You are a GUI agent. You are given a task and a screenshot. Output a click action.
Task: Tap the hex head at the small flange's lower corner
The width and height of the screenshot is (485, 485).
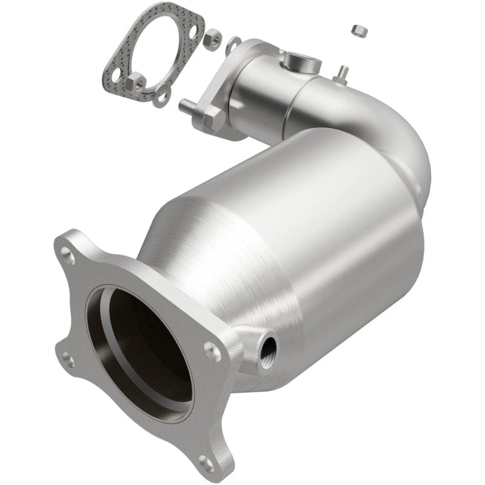pos(214,120)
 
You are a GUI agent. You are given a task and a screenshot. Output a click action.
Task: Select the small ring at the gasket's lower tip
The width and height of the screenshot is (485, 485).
pos(161,97)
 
